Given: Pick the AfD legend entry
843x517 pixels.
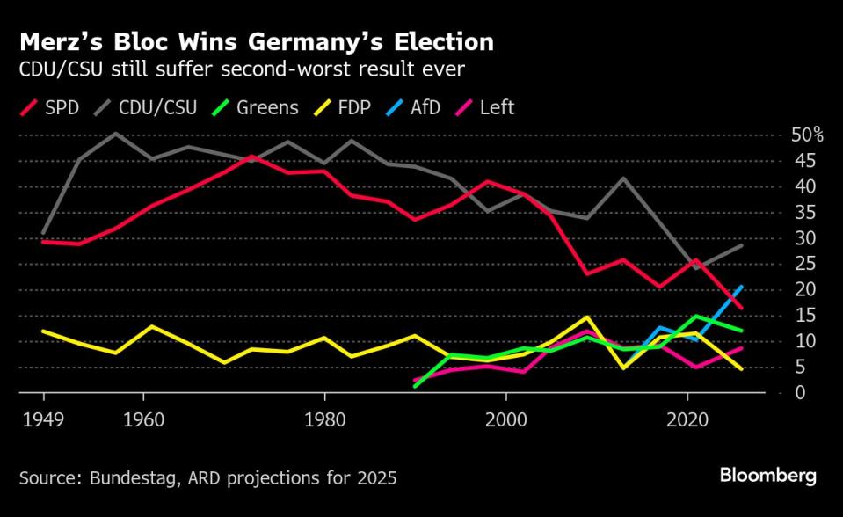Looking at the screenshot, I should (418, 108).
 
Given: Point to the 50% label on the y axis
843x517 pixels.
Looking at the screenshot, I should (807, 135).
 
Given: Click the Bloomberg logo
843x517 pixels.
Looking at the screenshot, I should (767, 476).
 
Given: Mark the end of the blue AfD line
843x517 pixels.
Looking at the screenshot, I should (743, 287).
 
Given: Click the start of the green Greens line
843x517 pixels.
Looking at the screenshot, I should (416, 386).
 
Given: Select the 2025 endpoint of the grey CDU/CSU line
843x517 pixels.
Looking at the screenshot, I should (743, 245).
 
